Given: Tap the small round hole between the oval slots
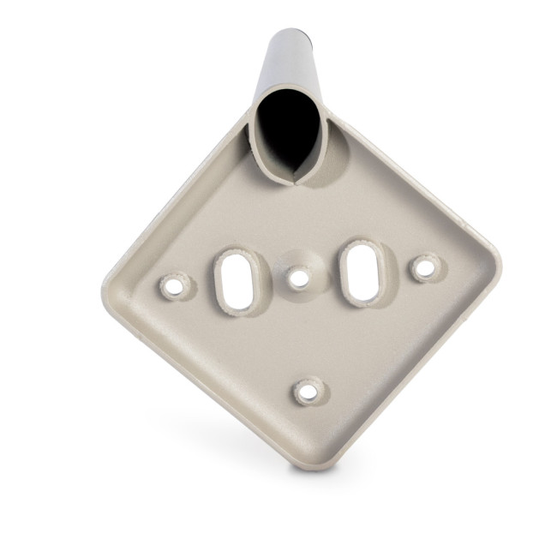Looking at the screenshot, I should tap(298, 277).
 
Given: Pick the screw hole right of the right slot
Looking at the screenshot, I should tap(423, 267).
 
